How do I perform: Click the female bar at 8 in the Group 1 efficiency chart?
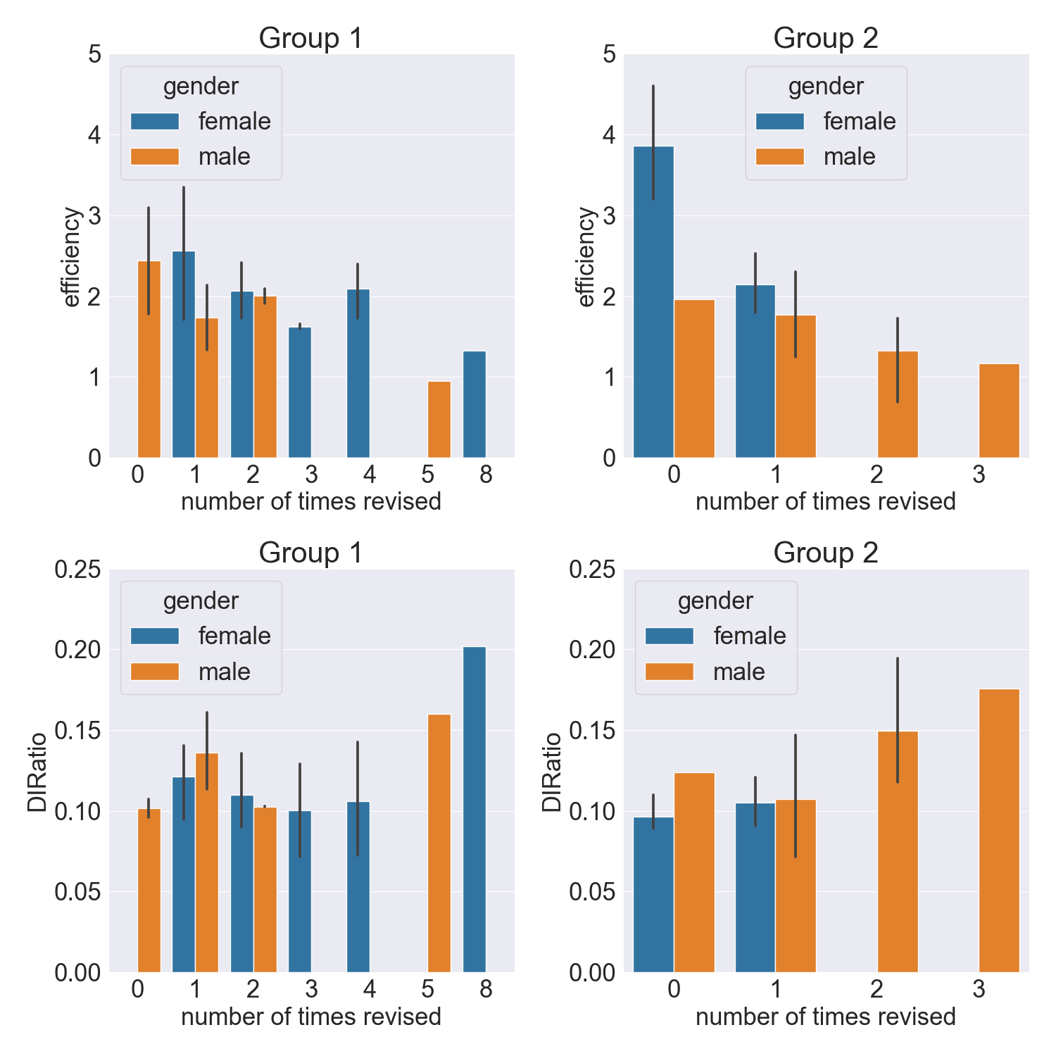point(474,405)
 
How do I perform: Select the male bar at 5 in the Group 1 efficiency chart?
point(439,420)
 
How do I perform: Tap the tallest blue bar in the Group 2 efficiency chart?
point(653,303)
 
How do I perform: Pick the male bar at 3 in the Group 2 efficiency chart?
point(999,411)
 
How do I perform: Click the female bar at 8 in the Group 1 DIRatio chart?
point(474,810)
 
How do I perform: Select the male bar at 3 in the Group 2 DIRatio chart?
point(999,831)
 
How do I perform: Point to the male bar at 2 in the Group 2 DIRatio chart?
point(898,852)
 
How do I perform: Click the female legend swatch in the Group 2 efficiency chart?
point(780,121)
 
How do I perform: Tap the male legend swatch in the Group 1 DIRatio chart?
point(155,672)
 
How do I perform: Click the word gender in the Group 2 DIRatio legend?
point(715,601)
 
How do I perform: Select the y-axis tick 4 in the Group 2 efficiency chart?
point(609,135)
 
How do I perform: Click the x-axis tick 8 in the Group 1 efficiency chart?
point(486,475)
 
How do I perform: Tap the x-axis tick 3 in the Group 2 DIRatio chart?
point(979,990)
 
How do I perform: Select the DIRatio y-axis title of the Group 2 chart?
point(552,772)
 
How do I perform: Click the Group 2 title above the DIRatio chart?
point(826,553)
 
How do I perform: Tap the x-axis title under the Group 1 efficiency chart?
point(311,502)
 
